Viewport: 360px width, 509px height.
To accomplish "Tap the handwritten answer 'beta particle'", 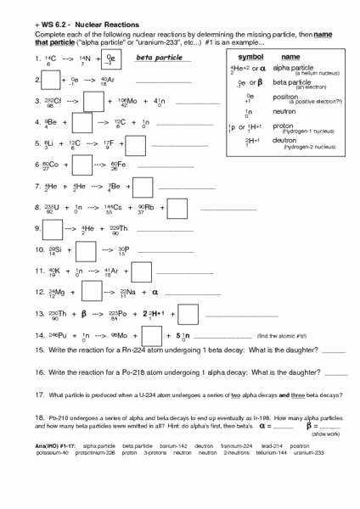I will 155,59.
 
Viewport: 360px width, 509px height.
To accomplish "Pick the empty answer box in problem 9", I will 50,229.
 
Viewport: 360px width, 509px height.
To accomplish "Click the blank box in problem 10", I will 85,250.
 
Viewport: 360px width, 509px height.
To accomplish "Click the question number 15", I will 39,350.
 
